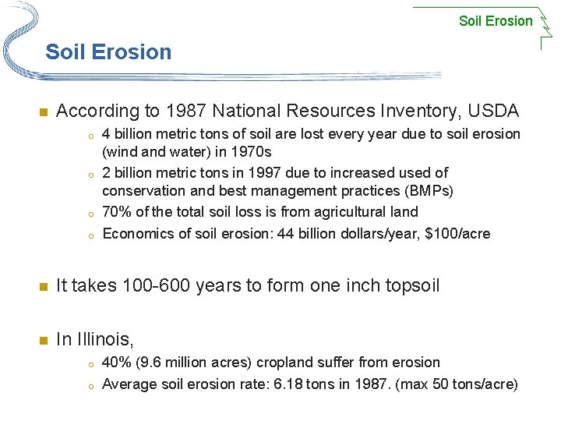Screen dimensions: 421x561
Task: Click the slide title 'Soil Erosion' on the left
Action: point(108,52)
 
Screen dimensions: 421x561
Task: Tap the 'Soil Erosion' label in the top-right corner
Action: point(496,21)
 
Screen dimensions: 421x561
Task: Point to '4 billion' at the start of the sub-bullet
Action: point(126,134)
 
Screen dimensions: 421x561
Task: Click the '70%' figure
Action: point(116,212)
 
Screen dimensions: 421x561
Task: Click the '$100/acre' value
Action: point(461,233)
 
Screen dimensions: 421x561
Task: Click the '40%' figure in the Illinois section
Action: point(116,363)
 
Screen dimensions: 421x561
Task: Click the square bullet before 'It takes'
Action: point(43,286)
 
